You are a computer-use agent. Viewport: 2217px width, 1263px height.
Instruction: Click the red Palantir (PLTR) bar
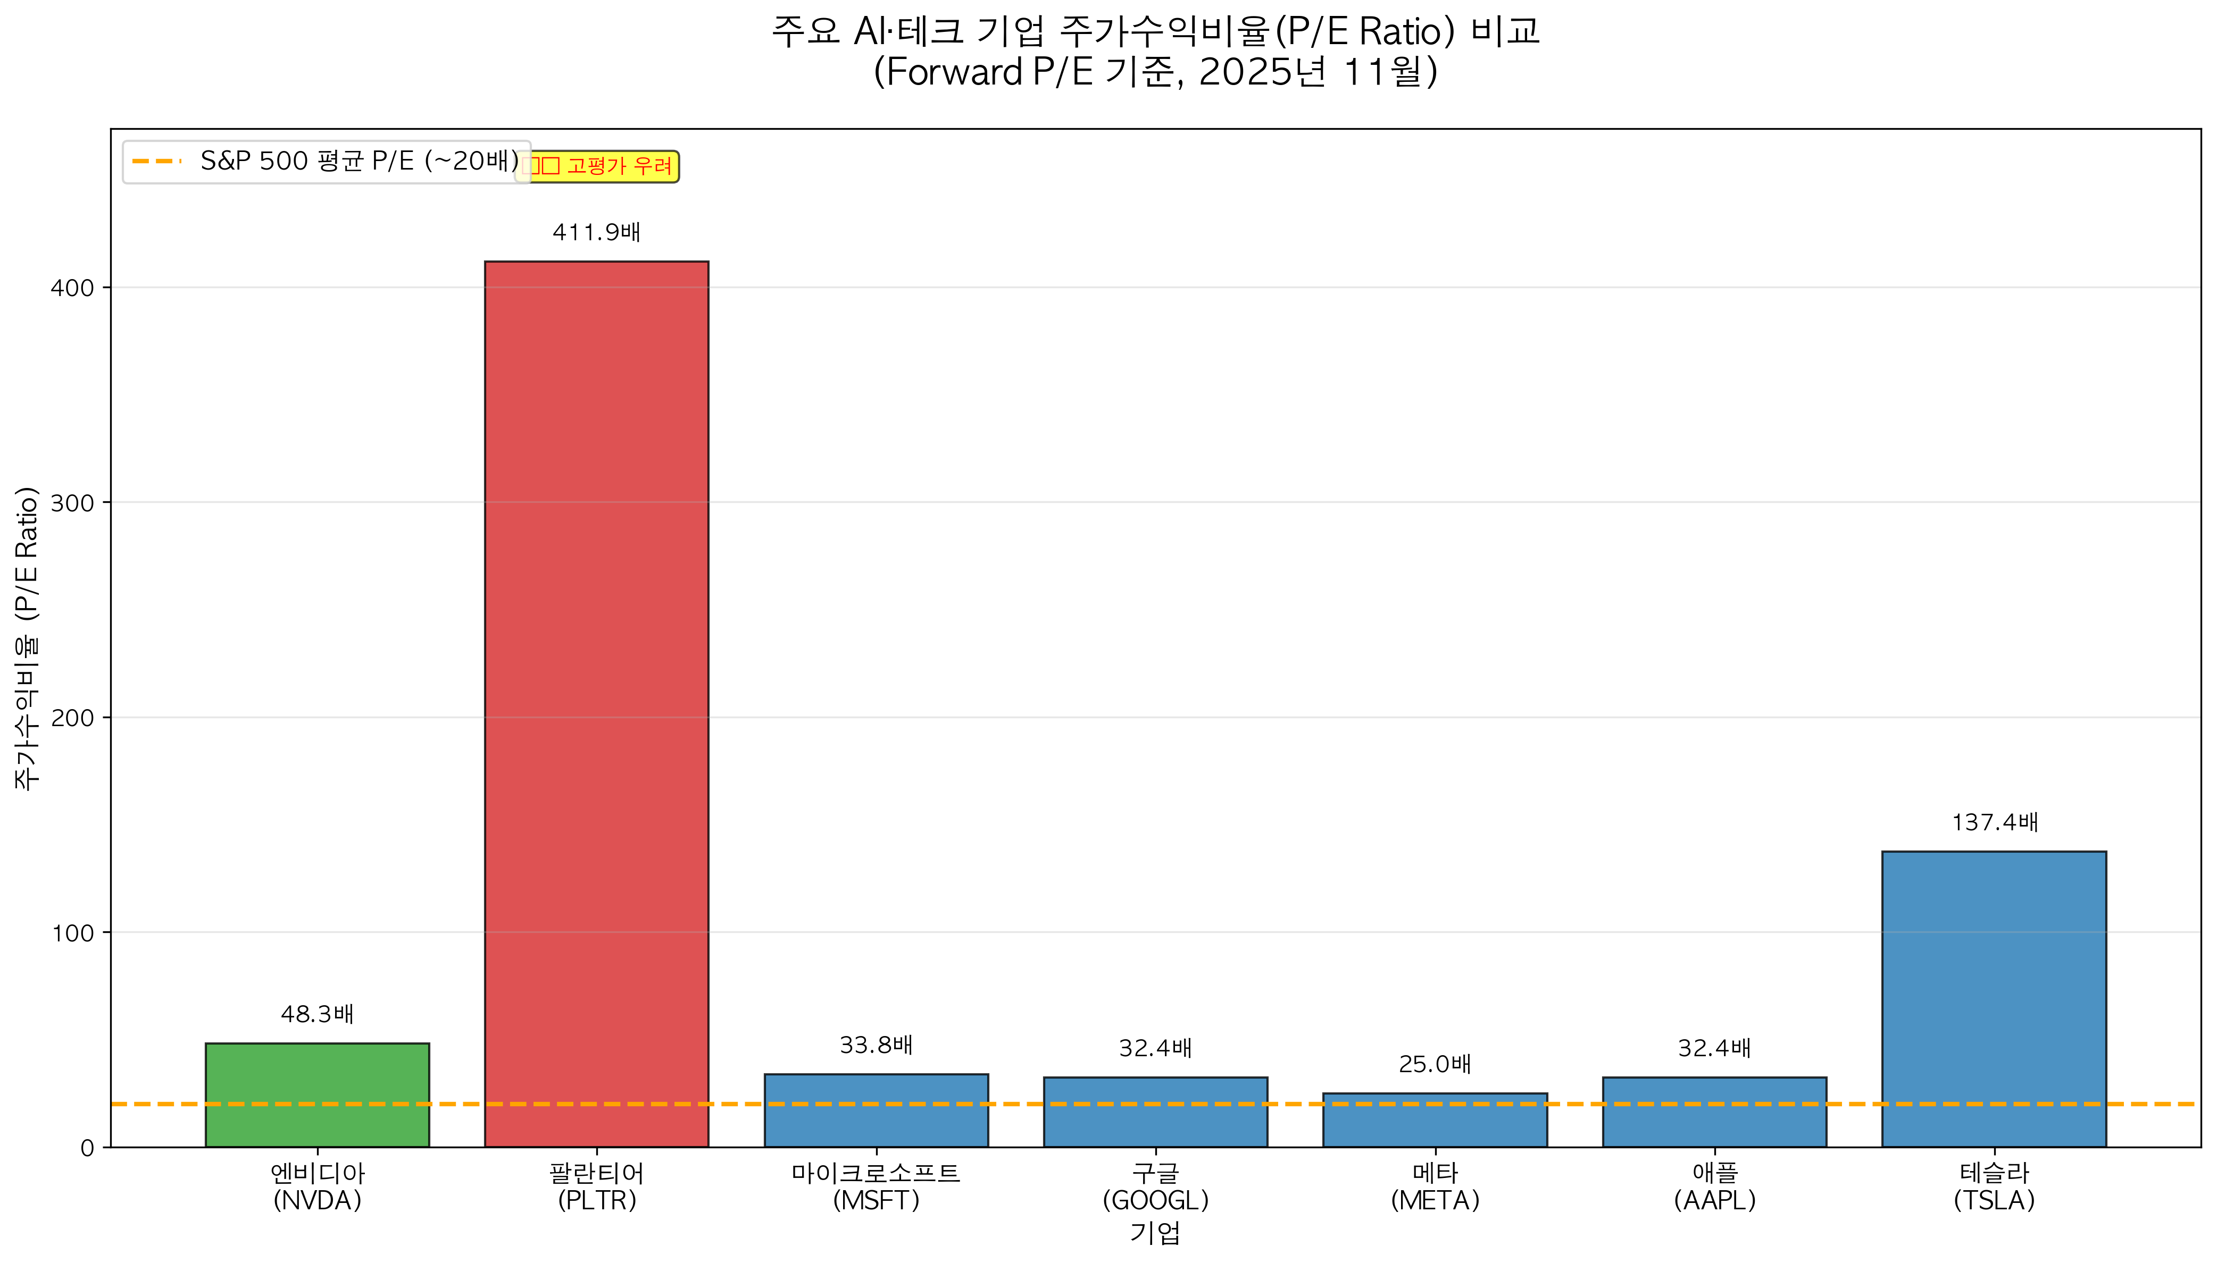pyautogui.click(x=596, y=703)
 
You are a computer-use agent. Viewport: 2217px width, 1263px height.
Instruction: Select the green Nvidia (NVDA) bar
pyautogui.click(x=316, y=1094)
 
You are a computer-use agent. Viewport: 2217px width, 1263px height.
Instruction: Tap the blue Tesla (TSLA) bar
pyautogui.click(x=1993, y=998)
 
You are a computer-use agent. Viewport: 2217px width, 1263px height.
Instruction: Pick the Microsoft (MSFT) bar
pyautogui.click(x=876, y=1110)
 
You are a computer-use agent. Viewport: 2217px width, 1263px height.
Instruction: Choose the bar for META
pyautogui.click(x=1435, y=1120)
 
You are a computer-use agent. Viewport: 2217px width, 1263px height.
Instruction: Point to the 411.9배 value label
pyautogui.click(x=596, y=232)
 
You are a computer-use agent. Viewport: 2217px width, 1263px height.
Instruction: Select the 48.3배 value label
pyautogui.click(x=316, y=1014)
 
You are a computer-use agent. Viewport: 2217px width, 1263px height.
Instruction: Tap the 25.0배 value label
pyautogui.click(x=1435, y=1064)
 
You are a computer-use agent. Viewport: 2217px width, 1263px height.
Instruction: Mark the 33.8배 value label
pyautogui.click(x=876, y=1045)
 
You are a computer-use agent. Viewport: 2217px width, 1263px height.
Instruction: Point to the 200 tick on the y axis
pyautogui.click(x=72, y=718)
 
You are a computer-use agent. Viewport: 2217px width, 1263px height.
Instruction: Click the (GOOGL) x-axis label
pyautogui.click(x=1155, y=1201)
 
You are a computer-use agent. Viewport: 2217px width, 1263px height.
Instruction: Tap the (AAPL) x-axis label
pyautogui.click(x=1714, y=1201)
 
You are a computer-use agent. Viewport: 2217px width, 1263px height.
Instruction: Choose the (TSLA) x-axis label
pyautogui.click(x=1993, y=1201)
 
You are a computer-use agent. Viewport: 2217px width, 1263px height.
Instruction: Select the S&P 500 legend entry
pyautogui.click(x=326, y=162)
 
